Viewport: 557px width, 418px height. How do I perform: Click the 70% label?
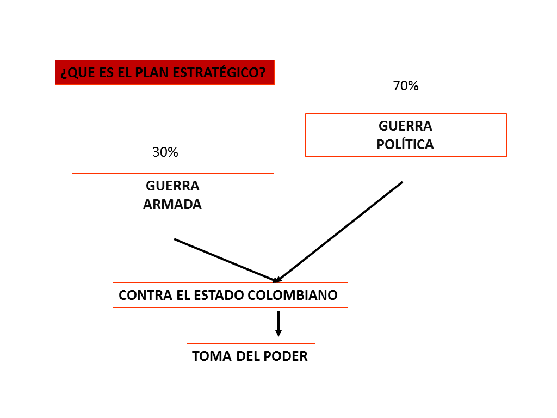point(405,85)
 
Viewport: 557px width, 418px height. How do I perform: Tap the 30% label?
point(165,152)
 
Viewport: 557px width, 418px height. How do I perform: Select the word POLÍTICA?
point(405,145)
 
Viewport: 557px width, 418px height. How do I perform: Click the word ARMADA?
point(172,205)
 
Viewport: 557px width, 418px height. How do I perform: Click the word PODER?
point(286,356)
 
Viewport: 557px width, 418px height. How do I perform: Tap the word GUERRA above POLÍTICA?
point(405,126)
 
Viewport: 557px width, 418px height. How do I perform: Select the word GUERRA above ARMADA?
point(172,186)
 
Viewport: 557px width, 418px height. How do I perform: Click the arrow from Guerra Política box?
point(340,231)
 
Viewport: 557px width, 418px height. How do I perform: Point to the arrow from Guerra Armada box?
point(226,260)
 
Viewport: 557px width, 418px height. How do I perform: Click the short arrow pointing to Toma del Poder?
point(278,323)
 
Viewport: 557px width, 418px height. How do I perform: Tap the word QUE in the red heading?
point(78,73)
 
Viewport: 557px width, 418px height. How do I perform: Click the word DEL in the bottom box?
point(249,356)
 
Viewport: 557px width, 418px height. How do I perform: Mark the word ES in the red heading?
point(106,73)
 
